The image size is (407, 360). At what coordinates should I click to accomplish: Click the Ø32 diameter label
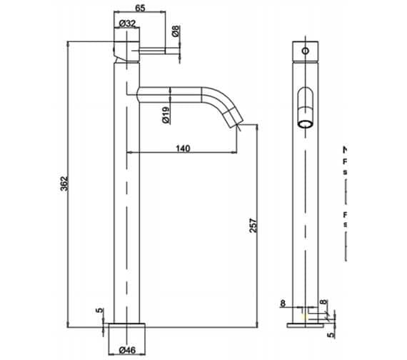point(129,24)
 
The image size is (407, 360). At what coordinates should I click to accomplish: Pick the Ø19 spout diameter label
point(166,114)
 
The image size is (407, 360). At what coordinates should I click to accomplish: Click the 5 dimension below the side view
point(331,332)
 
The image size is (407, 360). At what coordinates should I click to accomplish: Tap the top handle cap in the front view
point(126,47)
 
